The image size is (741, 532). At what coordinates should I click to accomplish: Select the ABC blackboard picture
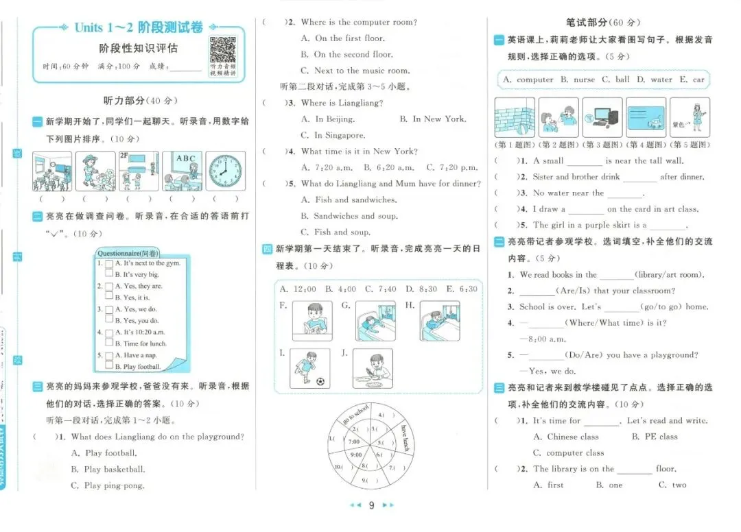coord(182,171)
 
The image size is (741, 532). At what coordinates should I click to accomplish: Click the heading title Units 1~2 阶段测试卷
coord(139,28)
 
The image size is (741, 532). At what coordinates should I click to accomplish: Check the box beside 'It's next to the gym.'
coord(108,263)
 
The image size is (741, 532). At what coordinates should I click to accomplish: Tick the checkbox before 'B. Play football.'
coord(108,367)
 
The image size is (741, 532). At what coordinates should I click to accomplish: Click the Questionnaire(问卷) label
coord(128,252)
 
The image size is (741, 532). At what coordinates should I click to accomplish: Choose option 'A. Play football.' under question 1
coord(104,453)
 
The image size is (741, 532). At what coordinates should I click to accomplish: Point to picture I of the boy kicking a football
coord(309,368)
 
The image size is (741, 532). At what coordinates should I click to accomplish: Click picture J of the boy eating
coord(373,368)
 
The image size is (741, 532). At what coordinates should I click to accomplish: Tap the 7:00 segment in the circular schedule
coord(355,442)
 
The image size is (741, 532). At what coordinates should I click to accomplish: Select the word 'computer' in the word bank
coord(534,80)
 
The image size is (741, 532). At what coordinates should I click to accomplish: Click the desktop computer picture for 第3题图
coord(603,117)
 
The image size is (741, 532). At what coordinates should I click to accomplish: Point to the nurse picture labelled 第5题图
coord(690,117)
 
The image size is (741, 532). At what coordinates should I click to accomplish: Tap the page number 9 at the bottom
coord(371,505)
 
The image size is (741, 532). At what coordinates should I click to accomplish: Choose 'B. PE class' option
coord(655,437)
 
